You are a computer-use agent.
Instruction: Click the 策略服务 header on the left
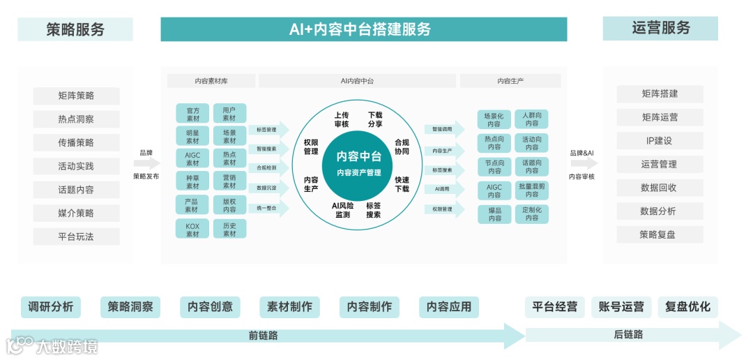point(75,29)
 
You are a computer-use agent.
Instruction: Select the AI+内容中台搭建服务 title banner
point(363,29)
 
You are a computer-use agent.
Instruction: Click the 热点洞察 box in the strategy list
point(76,119)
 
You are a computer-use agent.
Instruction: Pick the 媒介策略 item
point(76,213)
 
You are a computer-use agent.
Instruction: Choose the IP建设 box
point(660,141)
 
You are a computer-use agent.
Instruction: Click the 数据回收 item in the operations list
point(660,188)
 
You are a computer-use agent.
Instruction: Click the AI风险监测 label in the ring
point(342,210)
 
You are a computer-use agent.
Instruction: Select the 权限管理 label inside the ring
point(311,147)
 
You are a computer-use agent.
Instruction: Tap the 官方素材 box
point(192,114)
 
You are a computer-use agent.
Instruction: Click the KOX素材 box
point(192,230)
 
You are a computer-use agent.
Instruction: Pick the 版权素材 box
point(229,205)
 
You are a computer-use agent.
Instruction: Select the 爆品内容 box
point(495,214)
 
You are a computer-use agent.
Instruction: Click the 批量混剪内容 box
point(532,190)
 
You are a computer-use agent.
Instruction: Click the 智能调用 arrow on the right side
point(443,130)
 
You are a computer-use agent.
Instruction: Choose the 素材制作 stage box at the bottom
point(289,306)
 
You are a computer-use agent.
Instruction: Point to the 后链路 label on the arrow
point(628,335)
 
